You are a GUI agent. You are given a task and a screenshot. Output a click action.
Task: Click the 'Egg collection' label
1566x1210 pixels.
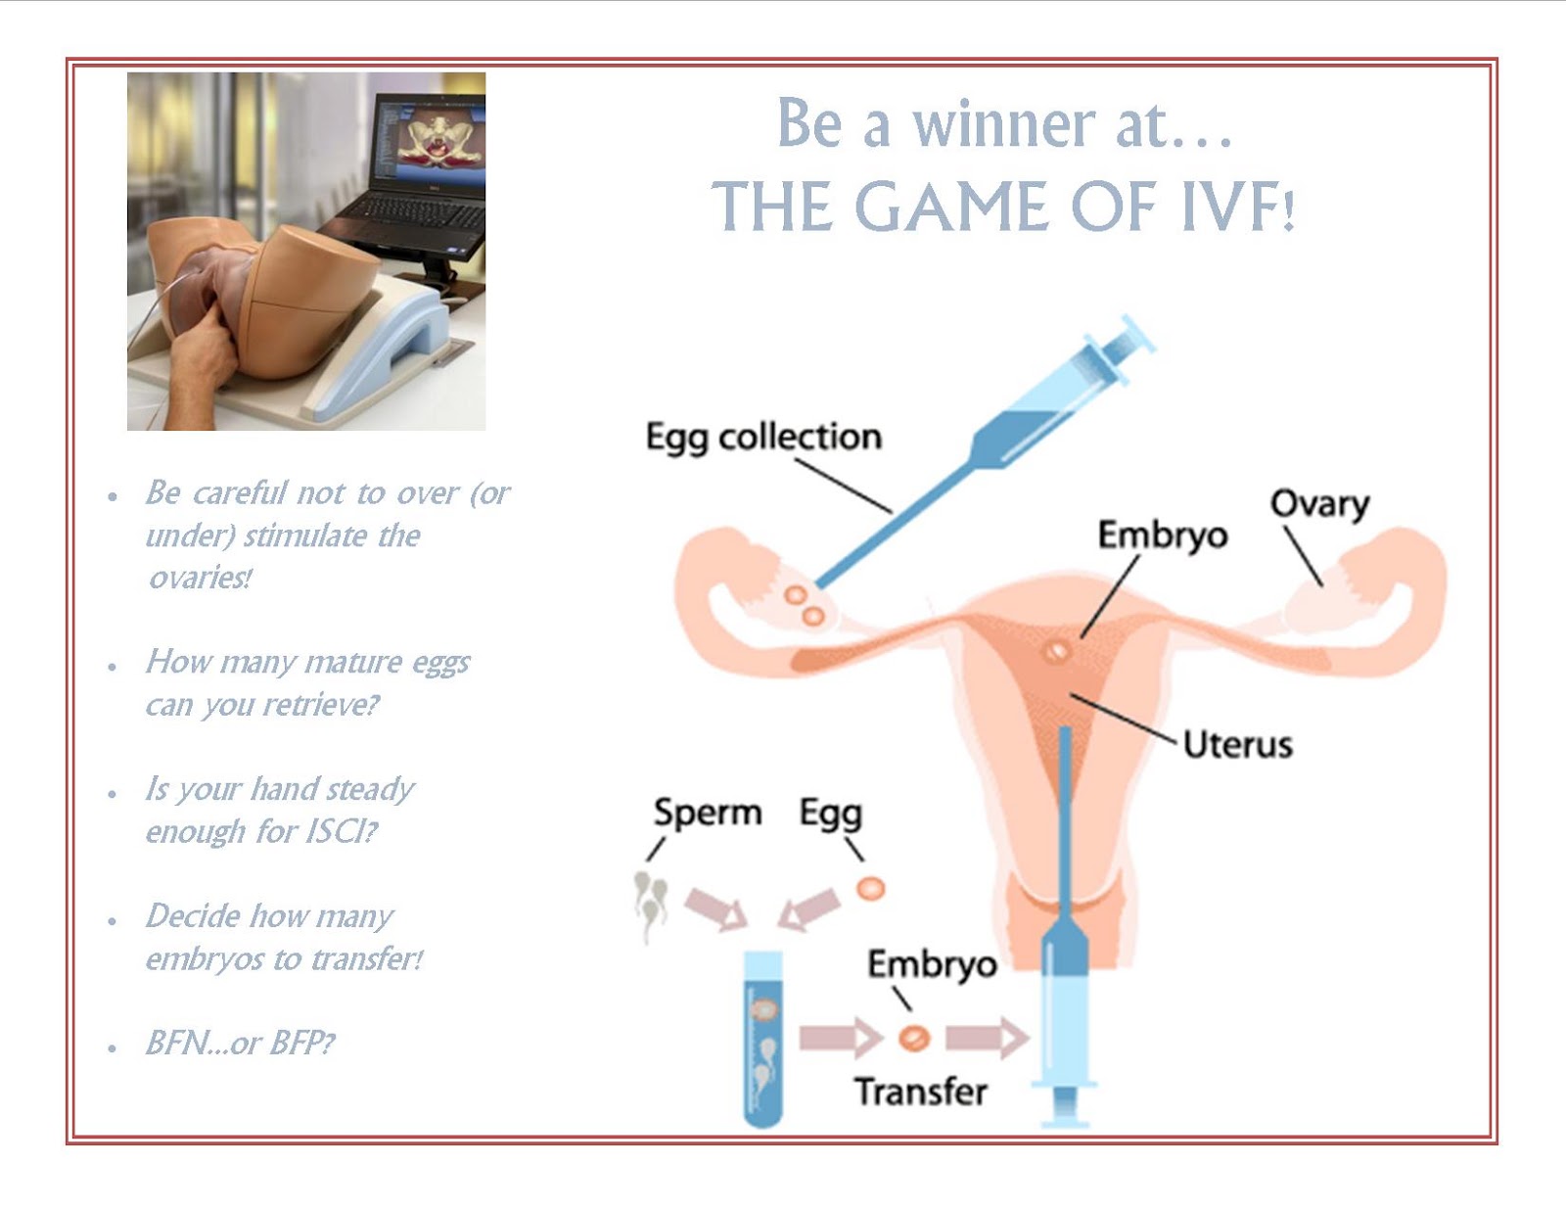[x=763, y=437]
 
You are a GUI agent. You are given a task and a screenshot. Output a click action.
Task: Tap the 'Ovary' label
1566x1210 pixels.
[x=1319, y=504]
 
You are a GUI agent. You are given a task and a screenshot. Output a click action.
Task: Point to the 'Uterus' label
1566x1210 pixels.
[x=1237, y=745]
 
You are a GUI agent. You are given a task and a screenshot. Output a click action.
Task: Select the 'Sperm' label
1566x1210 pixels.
[x=707, y=813]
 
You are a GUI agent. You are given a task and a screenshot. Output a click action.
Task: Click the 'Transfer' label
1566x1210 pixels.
[x=920, y=1092]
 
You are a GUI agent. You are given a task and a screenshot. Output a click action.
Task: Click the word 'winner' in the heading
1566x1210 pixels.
[x=1004, y=125]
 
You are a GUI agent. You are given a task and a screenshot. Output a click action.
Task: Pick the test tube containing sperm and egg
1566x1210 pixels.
[x=763, y=1038]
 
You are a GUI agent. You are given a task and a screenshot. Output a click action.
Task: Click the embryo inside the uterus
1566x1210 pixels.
[x=1056, y=651]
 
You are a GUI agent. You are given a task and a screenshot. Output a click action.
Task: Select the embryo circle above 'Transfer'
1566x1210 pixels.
[x=914, y=1037]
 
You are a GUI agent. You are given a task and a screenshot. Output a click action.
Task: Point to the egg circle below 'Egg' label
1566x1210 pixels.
[x=870, y=888]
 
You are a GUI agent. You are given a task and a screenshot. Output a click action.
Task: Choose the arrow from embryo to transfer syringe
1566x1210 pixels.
[x=986, y=1038]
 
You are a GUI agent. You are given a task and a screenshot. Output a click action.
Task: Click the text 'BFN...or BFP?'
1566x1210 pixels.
[x=240, y=1043]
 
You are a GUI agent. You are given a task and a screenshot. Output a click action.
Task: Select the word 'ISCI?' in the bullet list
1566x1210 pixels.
[x=341, y=831]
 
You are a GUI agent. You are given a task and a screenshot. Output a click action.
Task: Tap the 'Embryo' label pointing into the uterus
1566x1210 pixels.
[x=1162, y=535]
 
